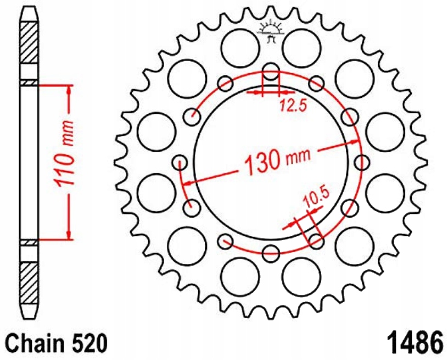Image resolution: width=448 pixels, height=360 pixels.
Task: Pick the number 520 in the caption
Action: (87, 344)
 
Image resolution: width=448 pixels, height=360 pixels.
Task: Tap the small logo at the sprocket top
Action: (271, 30)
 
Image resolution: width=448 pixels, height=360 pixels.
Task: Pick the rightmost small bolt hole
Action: (362, 162)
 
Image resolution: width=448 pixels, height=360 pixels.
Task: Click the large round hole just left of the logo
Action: (240, 45)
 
